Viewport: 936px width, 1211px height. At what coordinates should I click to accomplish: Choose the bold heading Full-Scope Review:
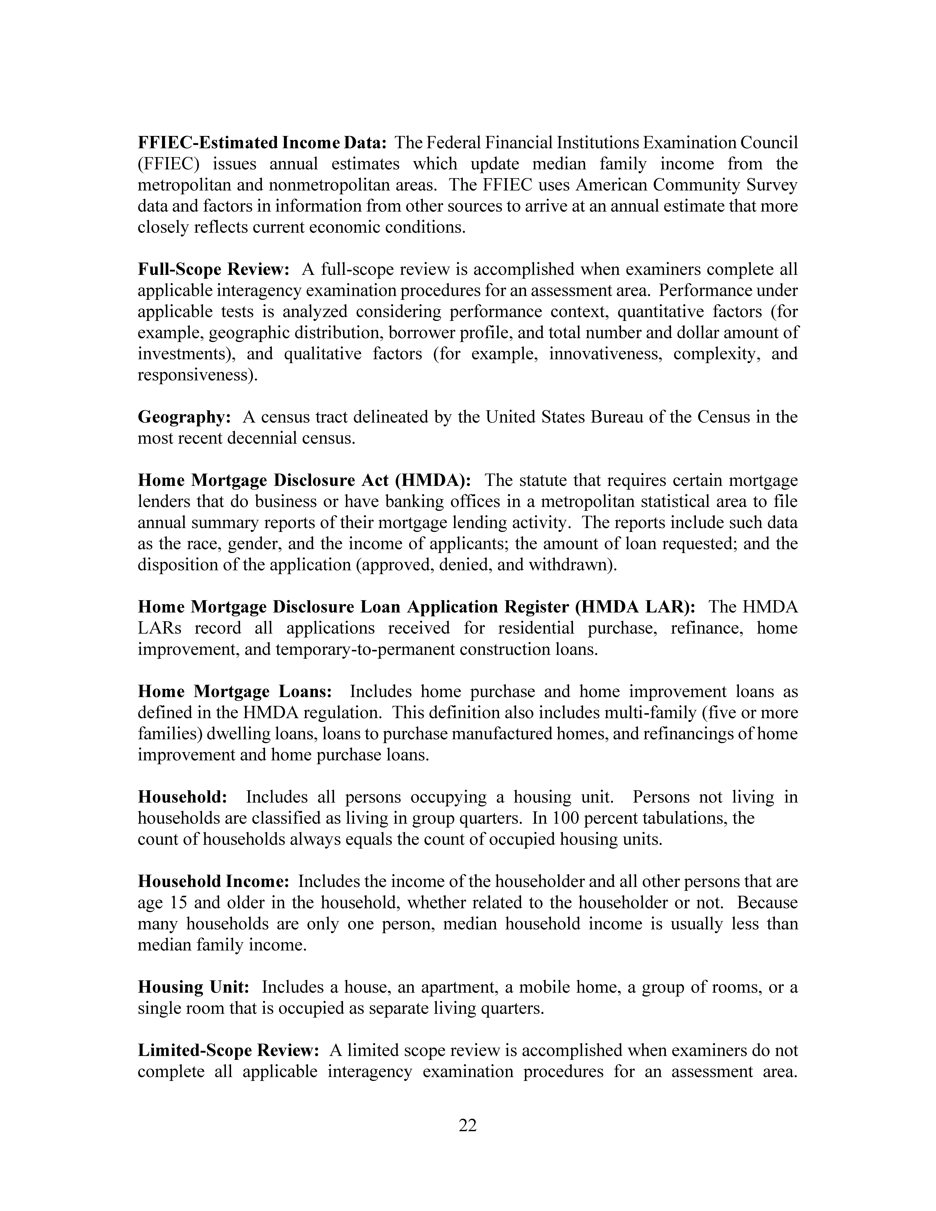[x=213, y=270]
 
